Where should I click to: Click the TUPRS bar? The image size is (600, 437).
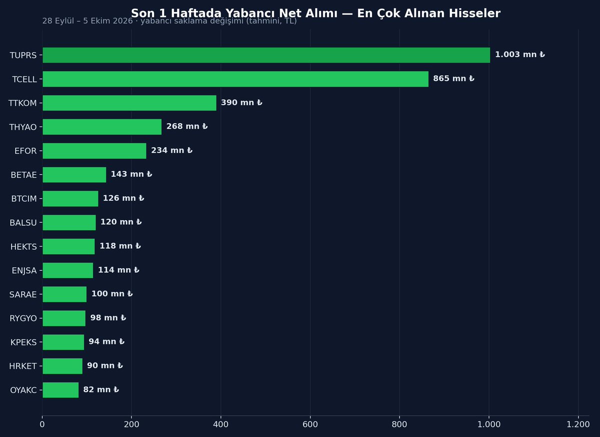266,55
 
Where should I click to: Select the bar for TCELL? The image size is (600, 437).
235,79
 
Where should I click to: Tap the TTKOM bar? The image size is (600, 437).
129,103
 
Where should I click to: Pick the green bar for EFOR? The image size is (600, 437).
94,151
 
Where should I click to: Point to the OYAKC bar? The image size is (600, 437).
60,390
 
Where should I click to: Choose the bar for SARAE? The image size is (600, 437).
64,294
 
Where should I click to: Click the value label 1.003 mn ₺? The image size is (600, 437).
520,55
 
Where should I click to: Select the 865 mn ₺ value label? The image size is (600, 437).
454,79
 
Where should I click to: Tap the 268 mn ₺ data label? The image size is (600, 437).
187,126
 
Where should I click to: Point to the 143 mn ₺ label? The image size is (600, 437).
131,174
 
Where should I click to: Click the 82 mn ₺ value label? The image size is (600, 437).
101,389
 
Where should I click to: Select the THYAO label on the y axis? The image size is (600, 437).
23,127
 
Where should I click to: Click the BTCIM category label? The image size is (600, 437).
24,199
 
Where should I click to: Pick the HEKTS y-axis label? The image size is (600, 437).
23,247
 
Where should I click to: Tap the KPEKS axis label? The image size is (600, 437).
23,342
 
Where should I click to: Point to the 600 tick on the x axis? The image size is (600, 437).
310,424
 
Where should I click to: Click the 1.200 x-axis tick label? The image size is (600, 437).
578,424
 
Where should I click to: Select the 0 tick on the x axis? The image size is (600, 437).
42,424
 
